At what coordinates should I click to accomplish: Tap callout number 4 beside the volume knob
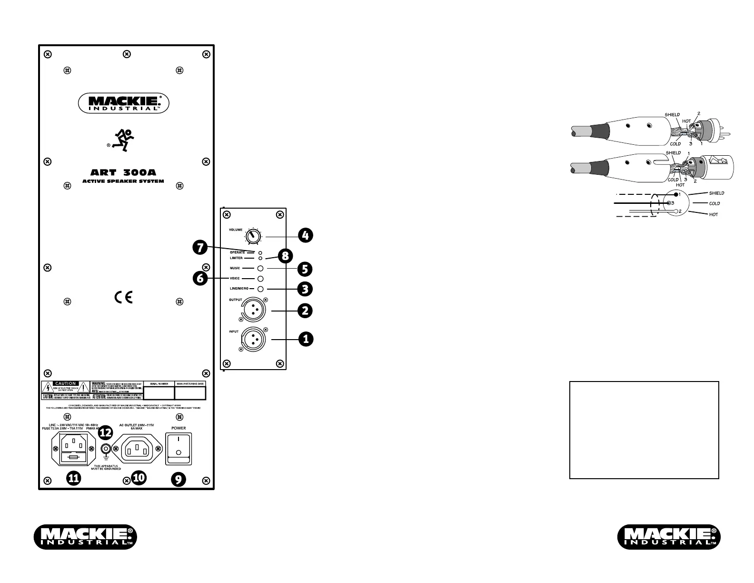(306, 235)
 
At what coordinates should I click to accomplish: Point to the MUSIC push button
(260, 269)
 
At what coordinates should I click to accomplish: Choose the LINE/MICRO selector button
(260, 289)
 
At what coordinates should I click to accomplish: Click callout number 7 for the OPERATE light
(200, 247)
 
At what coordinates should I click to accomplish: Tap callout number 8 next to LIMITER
(285, 256)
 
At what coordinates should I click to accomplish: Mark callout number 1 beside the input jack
(306, 339)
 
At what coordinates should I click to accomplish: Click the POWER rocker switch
(178, 448)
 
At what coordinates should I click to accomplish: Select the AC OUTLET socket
(138, 448)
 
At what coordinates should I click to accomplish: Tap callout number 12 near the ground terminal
(105, 433)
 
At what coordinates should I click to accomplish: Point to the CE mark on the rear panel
(123, 297)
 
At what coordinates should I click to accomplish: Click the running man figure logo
(123, 140)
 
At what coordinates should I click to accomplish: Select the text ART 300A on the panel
(123, 173)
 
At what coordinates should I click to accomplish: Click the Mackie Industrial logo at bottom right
(669, 536)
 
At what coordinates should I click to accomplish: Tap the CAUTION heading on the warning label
(65, 383)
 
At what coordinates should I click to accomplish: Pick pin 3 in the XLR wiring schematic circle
(670, 203)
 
